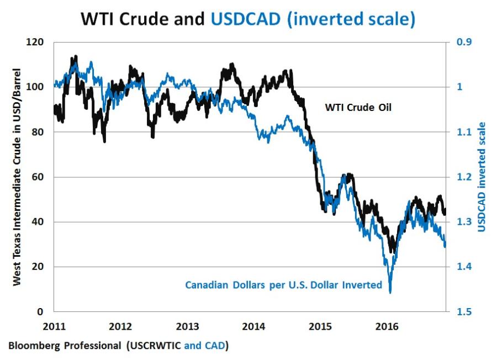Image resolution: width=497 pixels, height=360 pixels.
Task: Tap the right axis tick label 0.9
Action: point(463,42)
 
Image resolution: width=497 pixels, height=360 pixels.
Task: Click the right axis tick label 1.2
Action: point(463,177)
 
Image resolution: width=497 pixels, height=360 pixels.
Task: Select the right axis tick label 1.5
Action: point(463,312)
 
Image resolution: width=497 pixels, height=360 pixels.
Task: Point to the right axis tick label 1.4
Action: point(463,267)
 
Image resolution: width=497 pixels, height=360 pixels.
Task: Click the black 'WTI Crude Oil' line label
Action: point(358,107)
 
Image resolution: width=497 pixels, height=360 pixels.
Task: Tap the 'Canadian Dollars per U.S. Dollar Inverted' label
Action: point(283,285)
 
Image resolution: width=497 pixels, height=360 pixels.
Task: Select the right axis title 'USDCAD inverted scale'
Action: point(482,177)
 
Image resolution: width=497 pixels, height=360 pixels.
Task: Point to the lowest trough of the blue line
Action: point(390,292)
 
